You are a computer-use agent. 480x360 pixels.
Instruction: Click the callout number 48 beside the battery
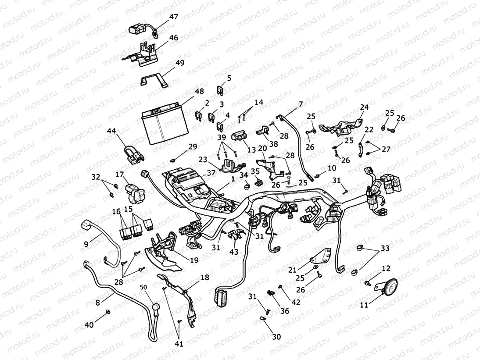pos(199,91)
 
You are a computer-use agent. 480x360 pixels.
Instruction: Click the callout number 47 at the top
pos(173,17)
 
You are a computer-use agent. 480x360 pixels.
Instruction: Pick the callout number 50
pos(143,287)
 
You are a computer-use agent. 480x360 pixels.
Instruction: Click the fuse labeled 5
pos(219,90)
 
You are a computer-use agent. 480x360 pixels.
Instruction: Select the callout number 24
pos(364,107)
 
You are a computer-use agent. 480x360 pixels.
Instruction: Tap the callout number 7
pos(301,104)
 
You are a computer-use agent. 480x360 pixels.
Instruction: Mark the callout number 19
pos(194,260)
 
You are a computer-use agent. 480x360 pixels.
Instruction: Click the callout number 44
pos(112,131)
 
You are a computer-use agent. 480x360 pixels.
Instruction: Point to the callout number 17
pos(119,174)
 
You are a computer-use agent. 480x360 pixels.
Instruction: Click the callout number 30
pos(276,337)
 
